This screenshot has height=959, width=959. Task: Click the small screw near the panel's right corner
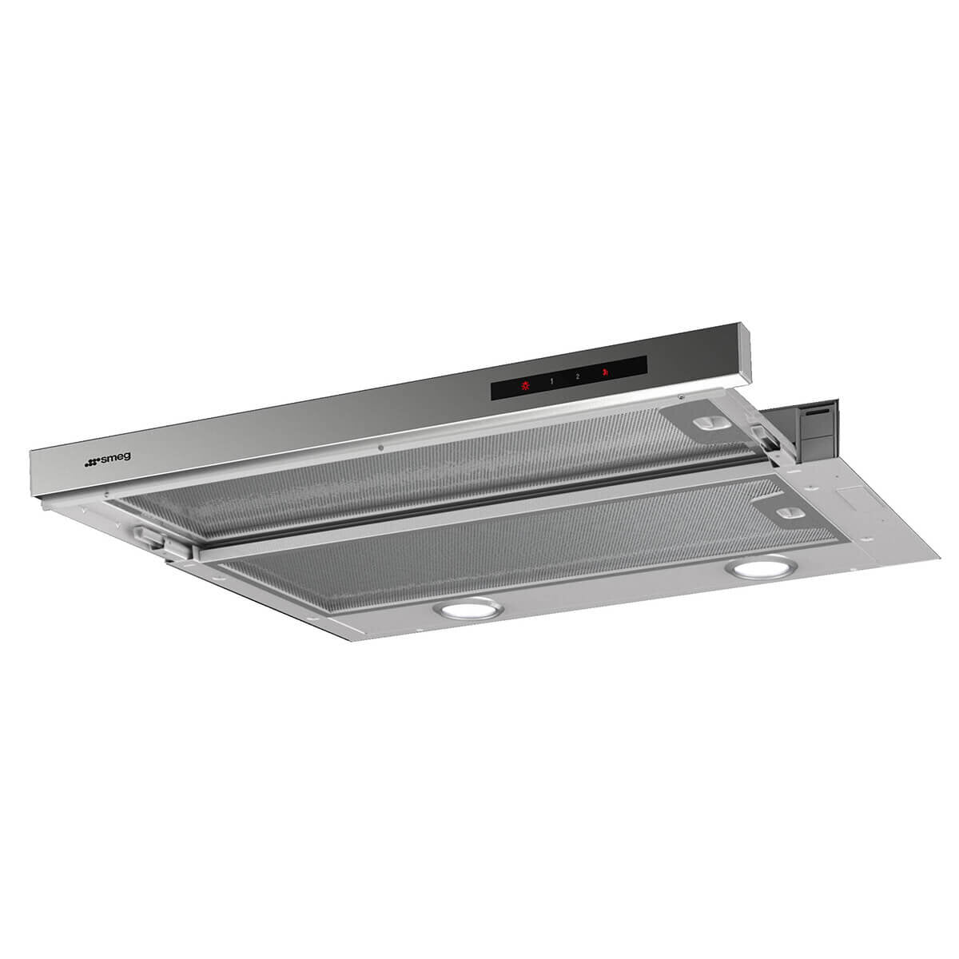click(680, 397)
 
